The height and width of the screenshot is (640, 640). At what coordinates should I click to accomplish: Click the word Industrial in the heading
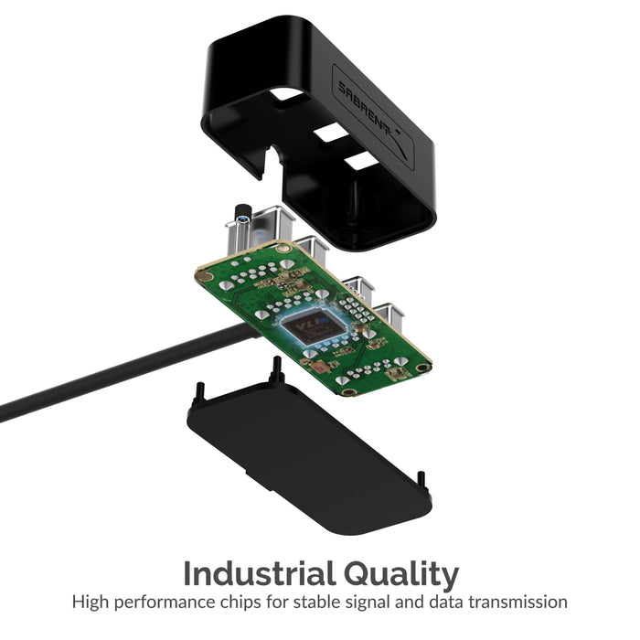tap(259, 573)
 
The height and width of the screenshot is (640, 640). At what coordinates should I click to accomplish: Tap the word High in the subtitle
tap(91, 603)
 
